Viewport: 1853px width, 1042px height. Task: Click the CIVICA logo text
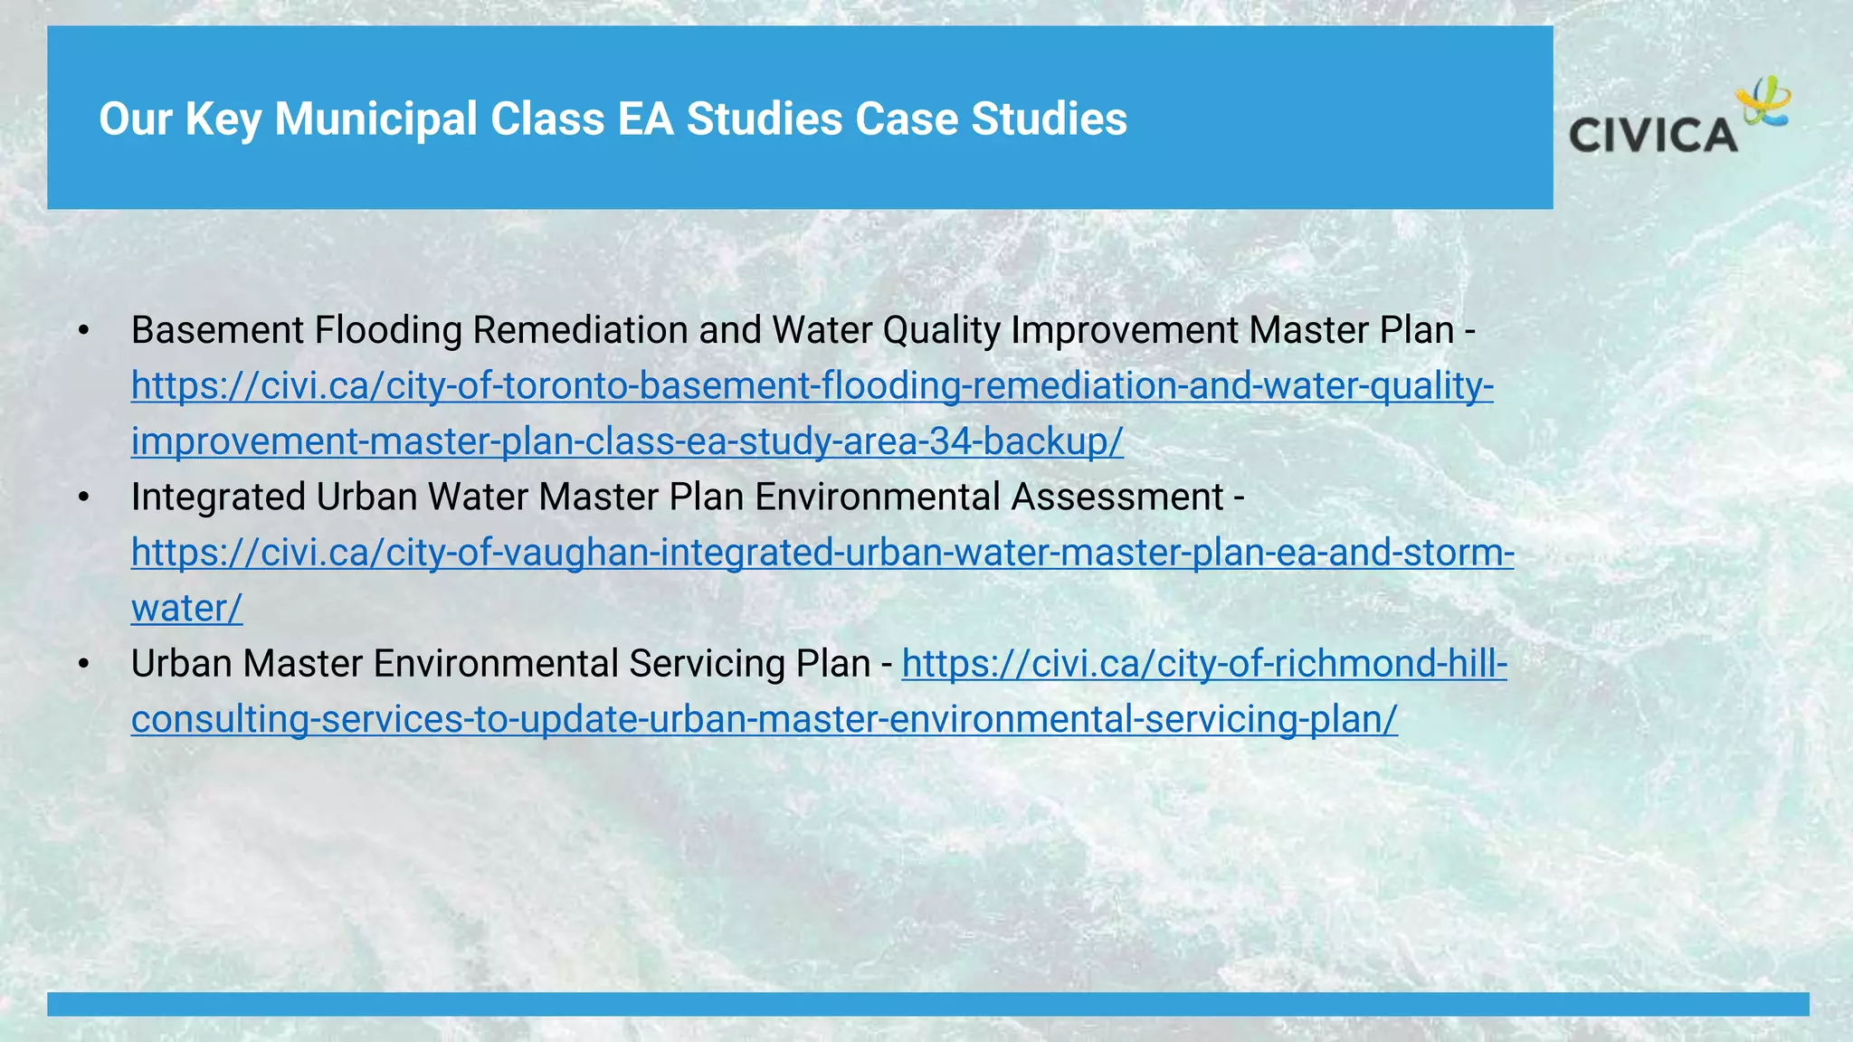[x=1652, y=136]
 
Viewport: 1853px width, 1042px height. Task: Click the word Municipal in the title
[x=375, y=119]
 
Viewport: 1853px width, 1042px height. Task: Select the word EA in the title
[x=645, y=119]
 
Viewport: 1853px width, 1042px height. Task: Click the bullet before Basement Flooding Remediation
[x=84, y=331]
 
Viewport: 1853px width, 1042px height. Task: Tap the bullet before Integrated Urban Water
[x=84, y=497]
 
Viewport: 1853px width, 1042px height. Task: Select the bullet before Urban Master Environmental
[x=84, y=664]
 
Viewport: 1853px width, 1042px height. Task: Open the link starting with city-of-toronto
[x=812, y=386]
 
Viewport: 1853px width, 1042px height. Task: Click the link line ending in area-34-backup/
[x=627, y=441]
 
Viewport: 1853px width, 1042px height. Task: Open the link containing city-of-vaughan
[x=822, y=553]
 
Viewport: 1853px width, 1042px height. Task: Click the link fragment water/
[x=186, y=608]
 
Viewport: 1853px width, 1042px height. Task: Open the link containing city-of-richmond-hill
[x=1204, y=664]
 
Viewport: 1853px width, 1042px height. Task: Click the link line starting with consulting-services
[x=764, y=719]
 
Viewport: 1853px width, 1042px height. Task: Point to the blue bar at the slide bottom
[x=927, y=1004]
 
